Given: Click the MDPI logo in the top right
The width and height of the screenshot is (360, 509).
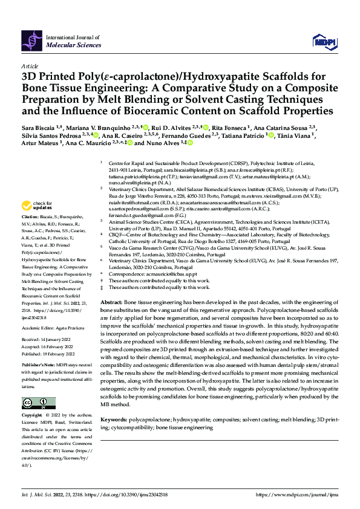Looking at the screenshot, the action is point(323,41).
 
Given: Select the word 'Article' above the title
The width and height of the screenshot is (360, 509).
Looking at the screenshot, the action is point(29,66).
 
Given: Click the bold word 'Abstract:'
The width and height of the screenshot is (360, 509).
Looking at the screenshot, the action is point(111,301).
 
